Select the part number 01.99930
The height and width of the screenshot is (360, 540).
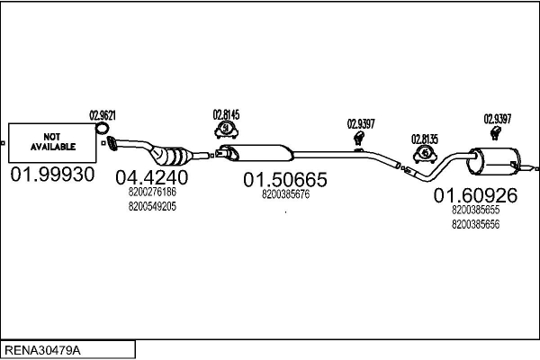click(x=52, y=174)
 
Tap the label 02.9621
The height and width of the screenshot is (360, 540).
click(x=103, y=115)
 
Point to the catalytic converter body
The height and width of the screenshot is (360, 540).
click(x=174, y=153)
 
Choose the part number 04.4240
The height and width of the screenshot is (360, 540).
click(x=152, y=177)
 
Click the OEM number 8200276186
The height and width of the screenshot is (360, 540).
click(x=152, y=193)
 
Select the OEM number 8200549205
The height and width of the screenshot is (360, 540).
click(x=152, y=206)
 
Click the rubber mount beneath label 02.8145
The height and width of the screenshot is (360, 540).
click(x=225, y=131)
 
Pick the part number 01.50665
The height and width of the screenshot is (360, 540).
click(x=285, y=179)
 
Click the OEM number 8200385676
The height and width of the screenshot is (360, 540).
click(x=285, y=193)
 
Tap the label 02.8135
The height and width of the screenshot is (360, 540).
click(x=425, y=139)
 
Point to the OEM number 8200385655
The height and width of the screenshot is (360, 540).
click(x=475, y=210)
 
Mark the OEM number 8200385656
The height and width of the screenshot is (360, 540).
click(x=475, y=223)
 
